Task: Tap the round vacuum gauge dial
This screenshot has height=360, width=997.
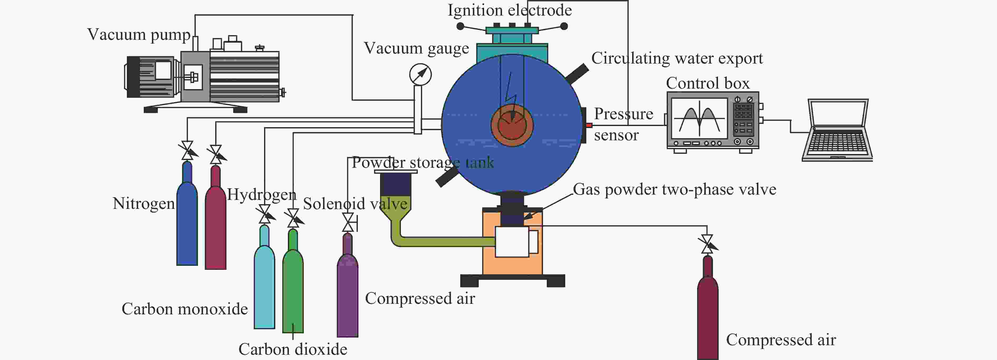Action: click(x=420, y=74)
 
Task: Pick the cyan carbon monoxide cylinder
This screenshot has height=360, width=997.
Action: click(x=264, y=277)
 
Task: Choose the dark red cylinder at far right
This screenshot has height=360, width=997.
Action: click(x=707, y=308)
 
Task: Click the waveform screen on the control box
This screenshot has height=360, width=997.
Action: click(x=699, y=118)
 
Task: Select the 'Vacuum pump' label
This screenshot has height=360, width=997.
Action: click(x=138, y=35)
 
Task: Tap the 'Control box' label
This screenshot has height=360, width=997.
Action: click(x=707, y=83)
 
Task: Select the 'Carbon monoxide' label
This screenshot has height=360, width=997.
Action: click(x=185, y=309)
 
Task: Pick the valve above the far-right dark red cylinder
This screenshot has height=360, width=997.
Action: click(x=707, y=244)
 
